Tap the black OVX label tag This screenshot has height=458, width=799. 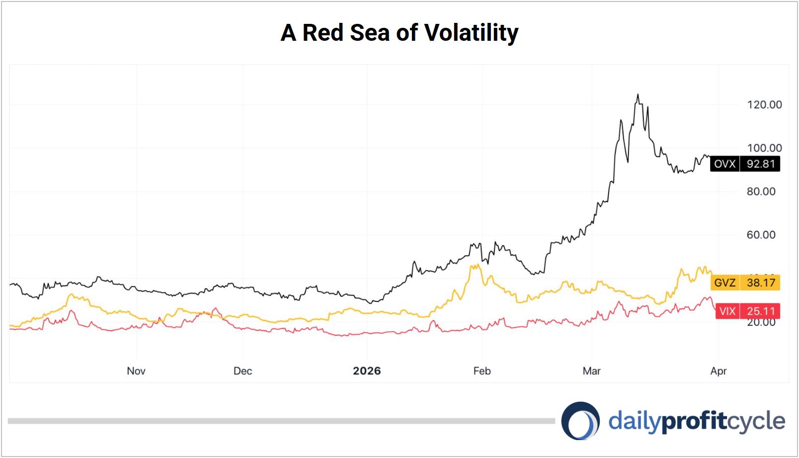pyautogui.click(x=724, y=164)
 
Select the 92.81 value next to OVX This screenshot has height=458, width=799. pyautogui.click(x=761, y=164)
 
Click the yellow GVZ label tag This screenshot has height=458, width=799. pyautogui.click(x=724, y=283)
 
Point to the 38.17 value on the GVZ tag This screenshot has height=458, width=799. pyautogui.click(x=761, y=283)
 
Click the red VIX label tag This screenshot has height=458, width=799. pyautogui.click(x=727, y=311)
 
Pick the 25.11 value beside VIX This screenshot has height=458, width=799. pyautogui.click(x=761, y=311)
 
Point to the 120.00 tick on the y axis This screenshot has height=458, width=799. pyautogui.click(x=764, y=104)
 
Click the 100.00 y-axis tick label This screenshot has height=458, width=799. pyautogui.click(x=764, y=148)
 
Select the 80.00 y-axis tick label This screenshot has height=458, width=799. pyautogui.click(x=761, y=191)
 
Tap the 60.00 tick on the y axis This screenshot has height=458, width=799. pyautogui.click(x=761, y=235)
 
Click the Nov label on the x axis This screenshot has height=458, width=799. pyautogui.click(x=136, y=371)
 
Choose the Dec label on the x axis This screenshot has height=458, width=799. pyautogui.click(x=242, y=371)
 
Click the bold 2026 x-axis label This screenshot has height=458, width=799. pyautogui.click(x=367, y=371)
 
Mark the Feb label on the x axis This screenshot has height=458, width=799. pyautogui.click(x=481, y=371)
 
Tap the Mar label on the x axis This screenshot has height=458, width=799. pyautogui.click(x=591, y=371)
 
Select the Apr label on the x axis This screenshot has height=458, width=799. pyautogui.click(x=719, y=371)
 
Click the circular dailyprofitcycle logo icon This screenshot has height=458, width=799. pyautogui.click(x=580, y=421)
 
